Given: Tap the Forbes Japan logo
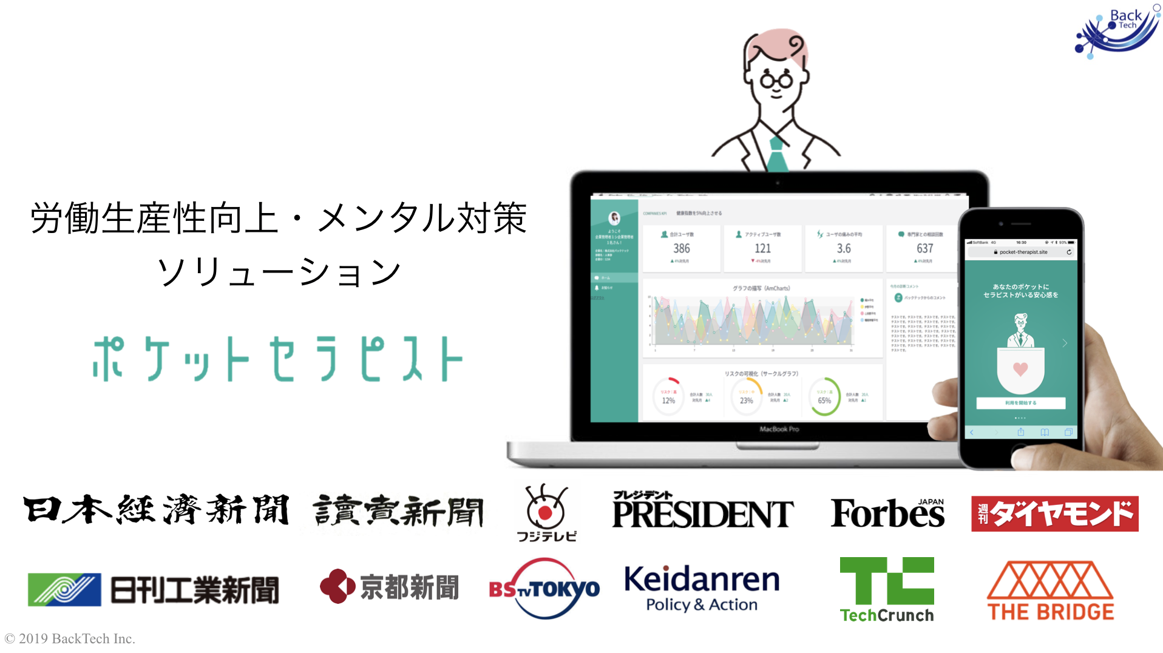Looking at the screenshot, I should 887,513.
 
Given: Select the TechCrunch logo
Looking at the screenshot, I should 886,589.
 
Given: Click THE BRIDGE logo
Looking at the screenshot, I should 1050,590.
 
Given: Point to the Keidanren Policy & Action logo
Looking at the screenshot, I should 702,587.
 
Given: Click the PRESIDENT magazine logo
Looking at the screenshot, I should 702,511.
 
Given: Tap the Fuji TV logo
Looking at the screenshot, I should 546,512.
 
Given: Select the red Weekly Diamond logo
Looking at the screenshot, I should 1054,514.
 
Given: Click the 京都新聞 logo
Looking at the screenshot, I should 389,586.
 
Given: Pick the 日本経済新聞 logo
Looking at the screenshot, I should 156,510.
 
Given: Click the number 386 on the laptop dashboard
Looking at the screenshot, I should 681,248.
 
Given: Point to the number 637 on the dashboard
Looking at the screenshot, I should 924,248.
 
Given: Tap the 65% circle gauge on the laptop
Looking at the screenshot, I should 824,398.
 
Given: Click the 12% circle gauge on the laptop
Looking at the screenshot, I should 668,398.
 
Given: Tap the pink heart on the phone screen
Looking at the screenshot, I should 1020,369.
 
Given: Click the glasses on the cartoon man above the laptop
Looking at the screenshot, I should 776,80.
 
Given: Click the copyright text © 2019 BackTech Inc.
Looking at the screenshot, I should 70,638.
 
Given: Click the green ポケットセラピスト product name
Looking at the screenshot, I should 278,359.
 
